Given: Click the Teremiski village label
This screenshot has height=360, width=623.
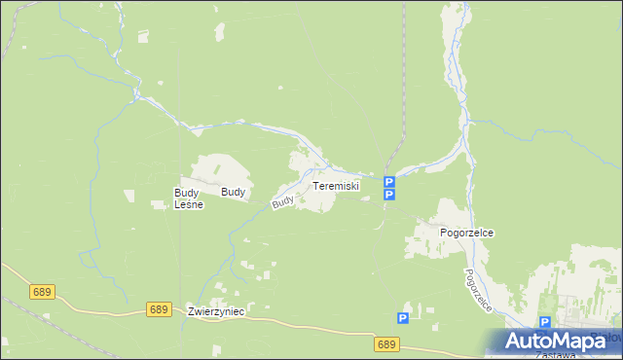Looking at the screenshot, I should (x=336, y=186).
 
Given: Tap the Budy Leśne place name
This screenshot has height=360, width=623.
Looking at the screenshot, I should (x=187, y=198).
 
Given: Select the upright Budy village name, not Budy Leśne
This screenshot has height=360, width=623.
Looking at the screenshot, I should (x=233, y=193).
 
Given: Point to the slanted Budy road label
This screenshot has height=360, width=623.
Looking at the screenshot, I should (x=283, y=202).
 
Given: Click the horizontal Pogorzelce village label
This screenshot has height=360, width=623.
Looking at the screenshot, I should (x=467, y=234).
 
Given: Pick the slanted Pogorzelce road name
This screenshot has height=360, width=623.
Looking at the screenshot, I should (x=479, y=290).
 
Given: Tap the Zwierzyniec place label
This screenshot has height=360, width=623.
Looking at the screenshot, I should (x=216, y=310).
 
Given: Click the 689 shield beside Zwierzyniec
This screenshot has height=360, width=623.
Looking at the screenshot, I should (x=160, y=308).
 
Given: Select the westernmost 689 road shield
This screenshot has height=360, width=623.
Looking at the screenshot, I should (x=41, y=291).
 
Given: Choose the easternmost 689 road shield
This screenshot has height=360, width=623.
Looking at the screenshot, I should (x=386, y=344).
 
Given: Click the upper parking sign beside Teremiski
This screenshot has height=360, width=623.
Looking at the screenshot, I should (x=388, y=182).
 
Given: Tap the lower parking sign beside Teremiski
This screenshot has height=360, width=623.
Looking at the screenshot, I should (x=388, y=196).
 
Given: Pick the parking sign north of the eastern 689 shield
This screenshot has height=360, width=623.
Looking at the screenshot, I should (x=402, y=318).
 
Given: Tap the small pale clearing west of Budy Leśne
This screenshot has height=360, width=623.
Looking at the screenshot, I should (x=157, y=204).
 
